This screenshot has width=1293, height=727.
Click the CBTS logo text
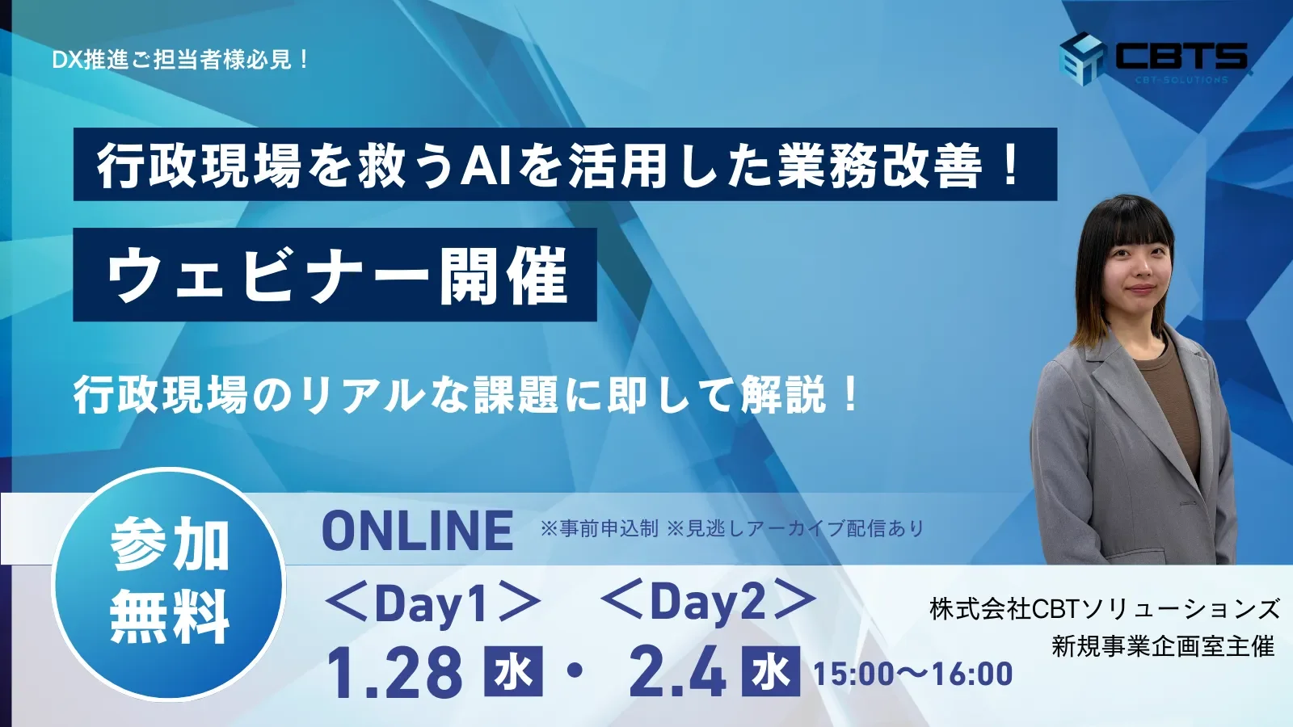click(1181, 56)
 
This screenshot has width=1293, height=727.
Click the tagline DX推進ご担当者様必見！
click(180, 60)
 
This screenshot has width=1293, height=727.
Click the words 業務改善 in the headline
click(880, 166)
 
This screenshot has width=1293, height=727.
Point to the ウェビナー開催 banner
click(335, 275)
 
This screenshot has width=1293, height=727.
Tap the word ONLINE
click(417, 531)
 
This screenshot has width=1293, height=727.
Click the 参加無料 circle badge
click(169, 582)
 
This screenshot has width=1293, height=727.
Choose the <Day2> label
click(708, 603)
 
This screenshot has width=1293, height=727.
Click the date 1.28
click(394, 673)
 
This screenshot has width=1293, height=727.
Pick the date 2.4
click(677, 673)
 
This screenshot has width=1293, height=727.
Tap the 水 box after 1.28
click(513, 672)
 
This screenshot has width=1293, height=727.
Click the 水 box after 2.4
click(771, 672)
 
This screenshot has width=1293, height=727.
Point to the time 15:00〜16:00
click(912, 674)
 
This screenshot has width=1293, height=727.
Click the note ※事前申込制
click(599, 529)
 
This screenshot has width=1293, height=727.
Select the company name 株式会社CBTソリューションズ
click(1105, 608)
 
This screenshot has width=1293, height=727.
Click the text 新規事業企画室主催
click(1162, 646)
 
